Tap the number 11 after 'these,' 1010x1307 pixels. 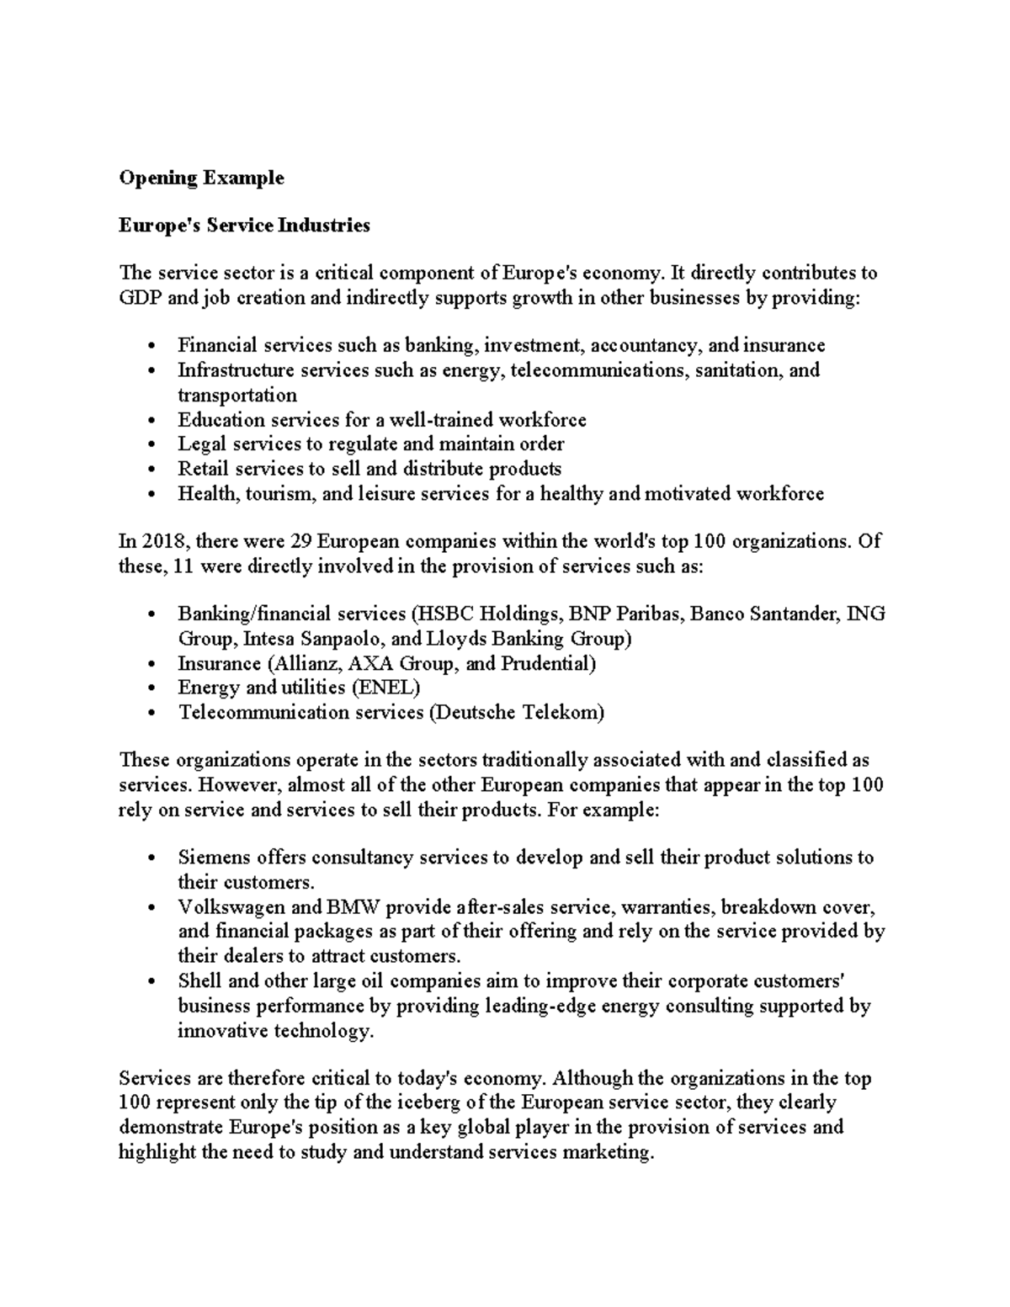point(183,566)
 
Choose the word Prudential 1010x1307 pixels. point(548,663)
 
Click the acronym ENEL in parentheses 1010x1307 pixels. point(385,688)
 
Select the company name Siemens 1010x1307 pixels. point(214,858)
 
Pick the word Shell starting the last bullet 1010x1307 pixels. point(199,981)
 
